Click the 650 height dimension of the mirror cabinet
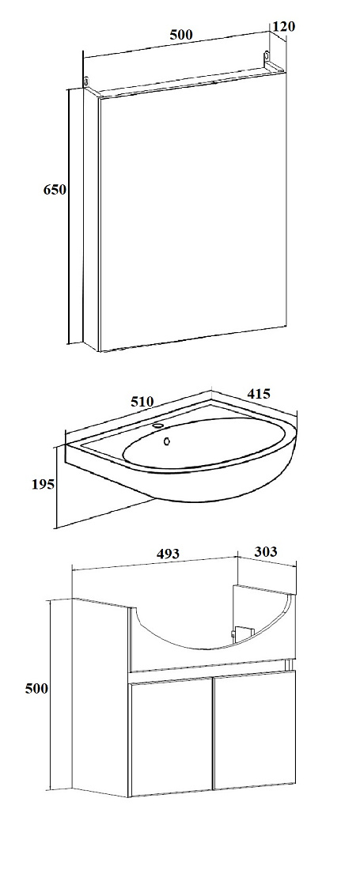(x=55, y=189)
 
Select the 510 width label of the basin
(x=141, y=401)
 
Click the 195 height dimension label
(x=43, y=484)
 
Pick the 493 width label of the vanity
(x=168, y=553)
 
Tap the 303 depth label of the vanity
(x=265, y=551)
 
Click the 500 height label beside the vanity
(x=37, y=688)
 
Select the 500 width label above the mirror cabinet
(x=181, y=34)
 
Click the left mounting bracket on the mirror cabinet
(x=86, y=81)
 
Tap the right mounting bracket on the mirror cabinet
(x=267, y=57)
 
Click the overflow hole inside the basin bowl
(x=166, y=441)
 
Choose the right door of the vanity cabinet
(x=255, y=728)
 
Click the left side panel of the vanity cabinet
(x=100, y=697)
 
